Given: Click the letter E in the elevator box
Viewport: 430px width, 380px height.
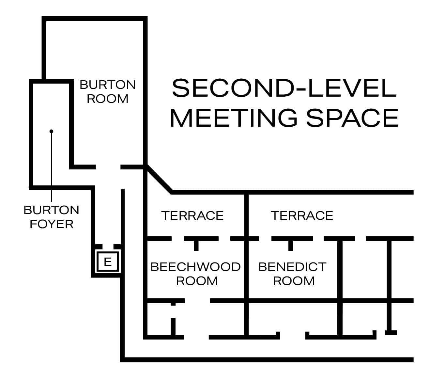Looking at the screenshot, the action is (x=108, y=261).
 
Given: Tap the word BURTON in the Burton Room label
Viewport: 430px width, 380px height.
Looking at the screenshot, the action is (x=108, y=85).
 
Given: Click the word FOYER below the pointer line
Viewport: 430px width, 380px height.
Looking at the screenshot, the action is (x=52, y=224).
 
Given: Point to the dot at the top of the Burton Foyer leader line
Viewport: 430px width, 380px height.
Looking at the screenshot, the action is (x=51, y=131).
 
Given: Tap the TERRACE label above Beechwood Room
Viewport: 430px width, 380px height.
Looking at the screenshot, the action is (x=192, y=215).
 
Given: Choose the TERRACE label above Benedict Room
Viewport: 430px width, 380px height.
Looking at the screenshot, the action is (x=302, y=215).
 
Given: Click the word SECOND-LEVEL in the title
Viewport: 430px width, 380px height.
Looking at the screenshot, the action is (x=284, y=88).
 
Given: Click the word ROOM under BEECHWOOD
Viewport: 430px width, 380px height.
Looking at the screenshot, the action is (x=197, y=281).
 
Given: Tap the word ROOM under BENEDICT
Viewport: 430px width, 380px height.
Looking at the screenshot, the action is (x=294, y=281).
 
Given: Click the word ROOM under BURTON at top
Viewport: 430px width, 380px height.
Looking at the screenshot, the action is (x=108, y=99).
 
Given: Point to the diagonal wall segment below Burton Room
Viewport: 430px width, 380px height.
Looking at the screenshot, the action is (x=159, y=179).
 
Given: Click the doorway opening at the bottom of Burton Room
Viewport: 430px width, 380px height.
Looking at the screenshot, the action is (x=108, y=167).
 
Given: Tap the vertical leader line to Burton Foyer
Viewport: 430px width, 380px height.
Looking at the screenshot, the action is (x=51, y=166).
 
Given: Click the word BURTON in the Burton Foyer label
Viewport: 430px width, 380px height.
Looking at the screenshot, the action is (x=52, y=210).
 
